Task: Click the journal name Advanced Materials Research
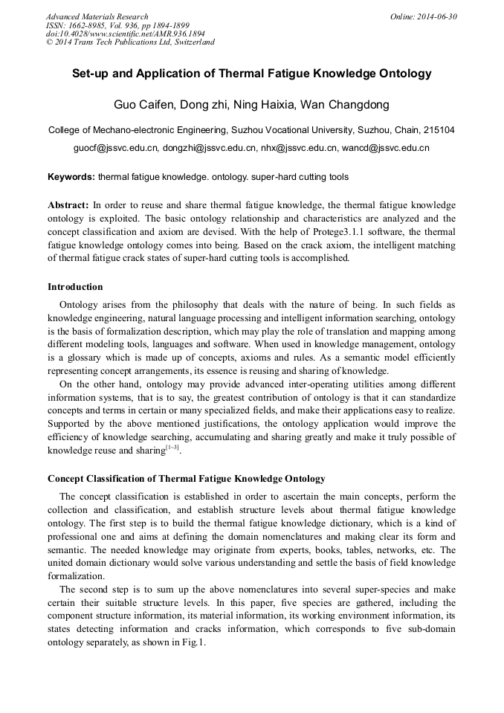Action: pos(97,16)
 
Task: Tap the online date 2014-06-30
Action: pos(442,16)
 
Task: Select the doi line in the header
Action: pos(125,33)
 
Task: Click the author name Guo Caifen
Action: pos(143,104)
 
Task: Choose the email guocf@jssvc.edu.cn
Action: pos(116,148)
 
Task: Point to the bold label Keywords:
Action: pos(71,177)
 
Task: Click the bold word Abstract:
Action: pos(68,204)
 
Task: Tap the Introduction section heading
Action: pos(75,286)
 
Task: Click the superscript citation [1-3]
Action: pos(172,448)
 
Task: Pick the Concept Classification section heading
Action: pos(186,478)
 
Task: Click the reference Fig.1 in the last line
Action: pos(192,643)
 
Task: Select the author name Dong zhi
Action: pos(204,104)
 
